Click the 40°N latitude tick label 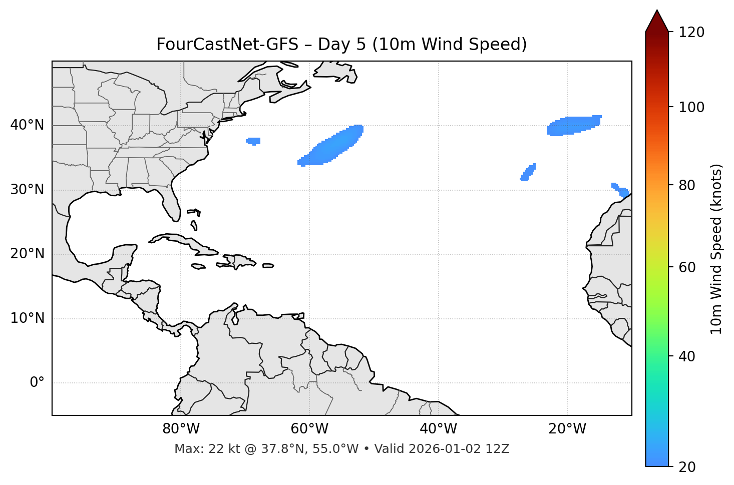[27, 125]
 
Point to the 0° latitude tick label [37, 383]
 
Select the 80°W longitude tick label [181, 429]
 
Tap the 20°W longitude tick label [567, 429]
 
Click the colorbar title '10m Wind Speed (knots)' [716, 249]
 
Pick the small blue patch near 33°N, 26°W [528, 172]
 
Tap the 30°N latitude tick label [27, 190]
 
